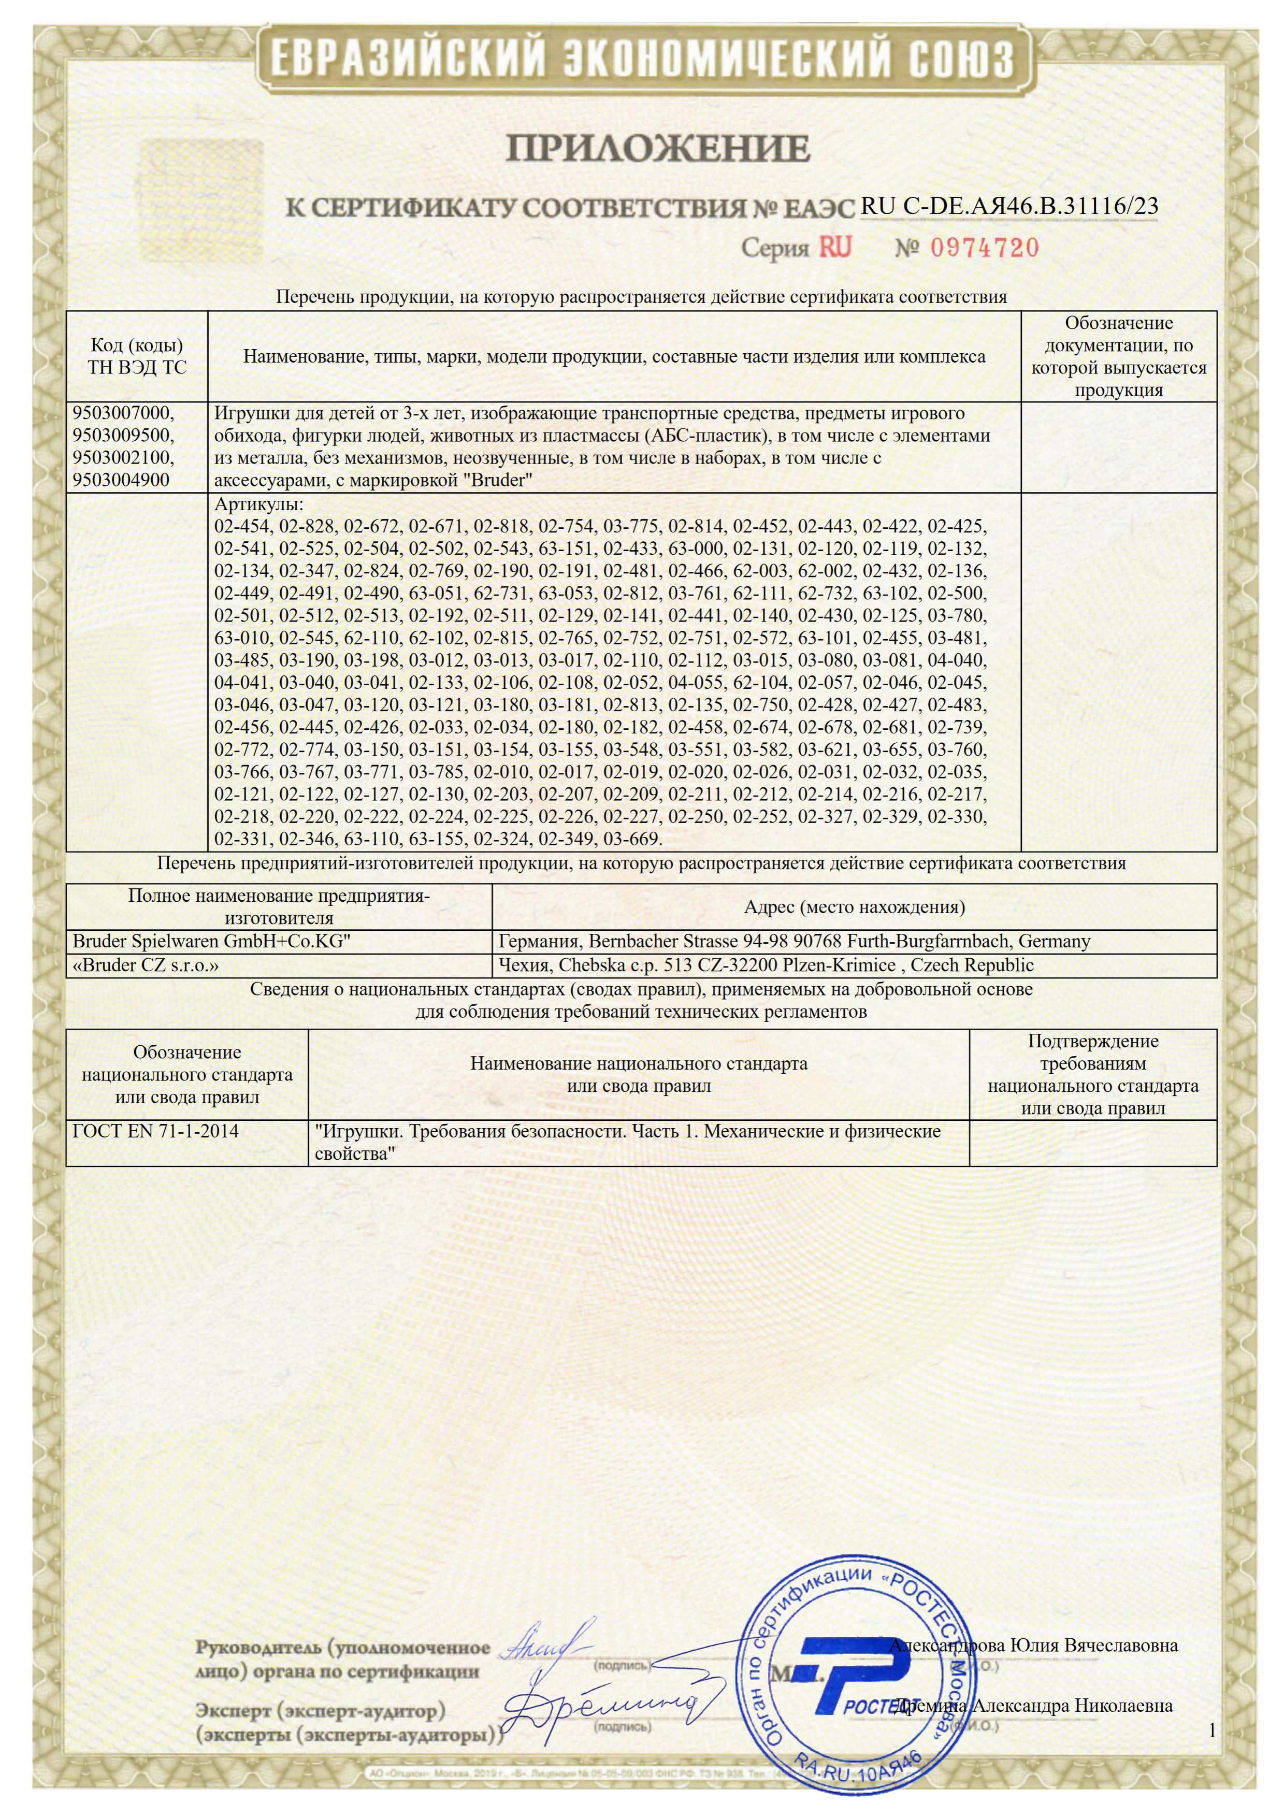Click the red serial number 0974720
[x=984, y=248]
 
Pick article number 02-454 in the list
[x=243, y=526]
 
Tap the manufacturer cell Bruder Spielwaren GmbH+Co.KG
[x=211, y=941]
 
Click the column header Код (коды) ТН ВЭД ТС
[x=137, y=356]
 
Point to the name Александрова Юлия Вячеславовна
[x=1033, y=1639]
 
